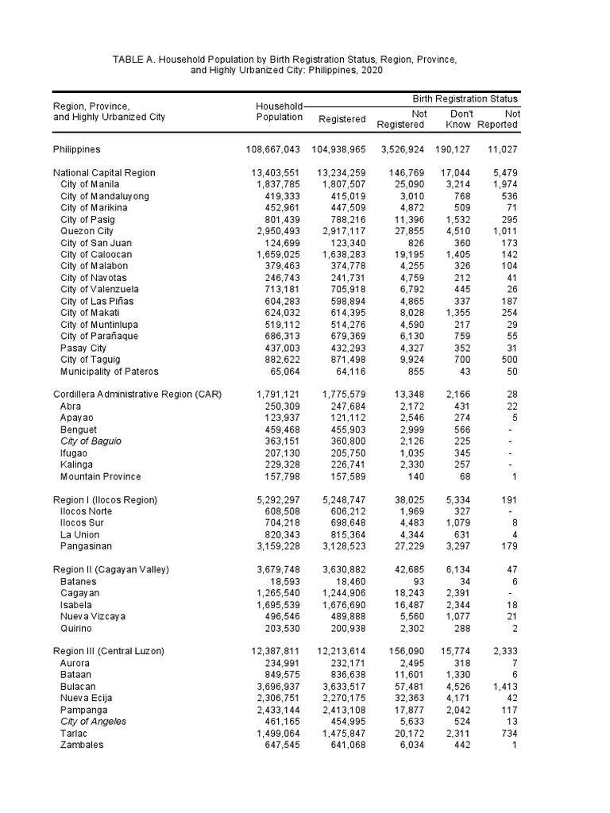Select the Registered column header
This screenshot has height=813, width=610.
click(342, 119)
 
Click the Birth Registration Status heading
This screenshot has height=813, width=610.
click(465, 99)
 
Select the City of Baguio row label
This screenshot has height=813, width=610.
click(91, 441)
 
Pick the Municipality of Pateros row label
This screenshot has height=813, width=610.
click(110, 372)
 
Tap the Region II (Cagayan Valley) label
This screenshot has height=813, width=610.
click(111, 569)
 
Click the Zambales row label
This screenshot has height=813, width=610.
click(81, 745)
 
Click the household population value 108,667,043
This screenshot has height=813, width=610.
click(273, 149)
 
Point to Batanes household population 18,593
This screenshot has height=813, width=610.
click(284, 581)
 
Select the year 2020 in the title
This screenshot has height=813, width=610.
click(371, 71)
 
